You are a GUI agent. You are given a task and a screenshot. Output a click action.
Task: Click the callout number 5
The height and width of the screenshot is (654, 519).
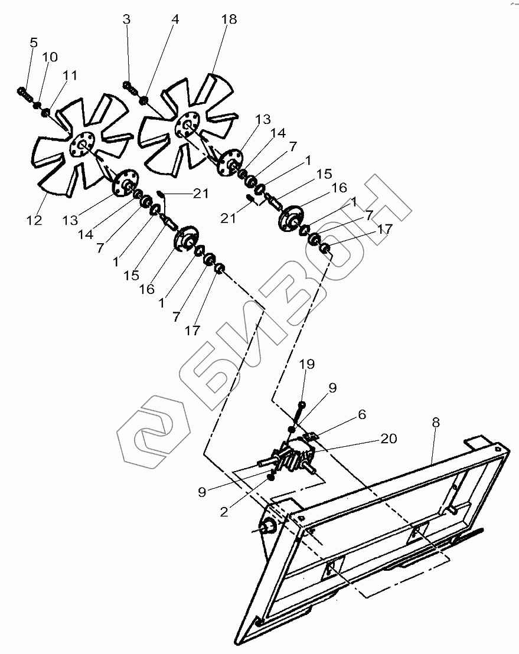[x=33, y=42]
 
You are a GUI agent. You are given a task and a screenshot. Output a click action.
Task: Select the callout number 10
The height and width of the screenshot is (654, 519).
[x=50, y=57]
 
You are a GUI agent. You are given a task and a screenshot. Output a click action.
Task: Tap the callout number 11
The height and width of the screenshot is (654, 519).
[x=70, y=75]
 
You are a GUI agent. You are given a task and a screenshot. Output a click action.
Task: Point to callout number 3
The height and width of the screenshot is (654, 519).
[x=126, y=19]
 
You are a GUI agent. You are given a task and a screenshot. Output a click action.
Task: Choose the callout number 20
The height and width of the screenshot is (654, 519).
[x=389, y=439]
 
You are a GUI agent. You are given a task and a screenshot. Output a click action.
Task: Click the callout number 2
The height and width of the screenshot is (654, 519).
[x=224, y=512]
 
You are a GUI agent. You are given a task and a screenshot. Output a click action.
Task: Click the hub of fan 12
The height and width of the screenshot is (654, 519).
[x=83, y=145]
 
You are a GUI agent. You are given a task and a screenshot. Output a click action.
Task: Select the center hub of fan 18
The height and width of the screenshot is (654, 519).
[x=188, y=125]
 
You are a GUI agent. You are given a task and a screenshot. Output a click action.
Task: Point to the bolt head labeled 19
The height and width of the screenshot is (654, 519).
[x=302, y=404]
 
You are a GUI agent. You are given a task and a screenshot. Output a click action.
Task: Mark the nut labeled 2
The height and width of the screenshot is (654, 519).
[x=271, y=476]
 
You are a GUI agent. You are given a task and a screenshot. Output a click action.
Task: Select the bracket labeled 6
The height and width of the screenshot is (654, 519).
[x=312, y=437]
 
